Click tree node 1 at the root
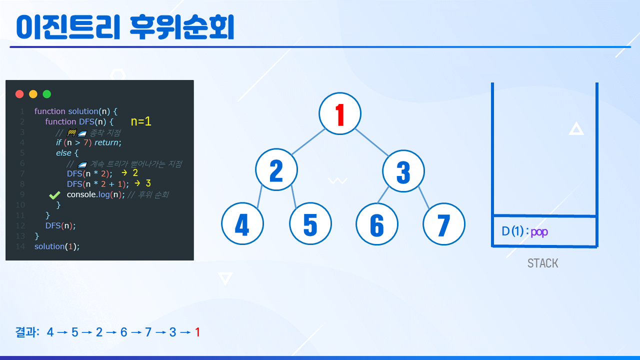pos(339,113)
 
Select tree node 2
pos(276,169)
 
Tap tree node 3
pos(403,171)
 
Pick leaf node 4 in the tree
pos(242,223)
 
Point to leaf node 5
pos(310,223)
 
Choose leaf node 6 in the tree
pos(377,224)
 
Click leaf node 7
pos(443,224)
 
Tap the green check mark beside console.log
pos(54,195)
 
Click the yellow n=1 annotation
pos(141,121)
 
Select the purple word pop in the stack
pos(539,232)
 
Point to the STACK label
pos(542,263)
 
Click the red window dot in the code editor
pos(19,94)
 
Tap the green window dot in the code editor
pos(47,94)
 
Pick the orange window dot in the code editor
pos(33,94)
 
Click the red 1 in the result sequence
pos(197,332)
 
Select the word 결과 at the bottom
pos(26,332)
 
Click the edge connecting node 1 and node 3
pos(371,142)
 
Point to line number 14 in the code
pos(20,246)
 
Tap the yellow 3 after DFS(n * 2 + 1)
pos(148,183)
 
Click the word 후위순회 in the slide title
pos(182,27)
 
